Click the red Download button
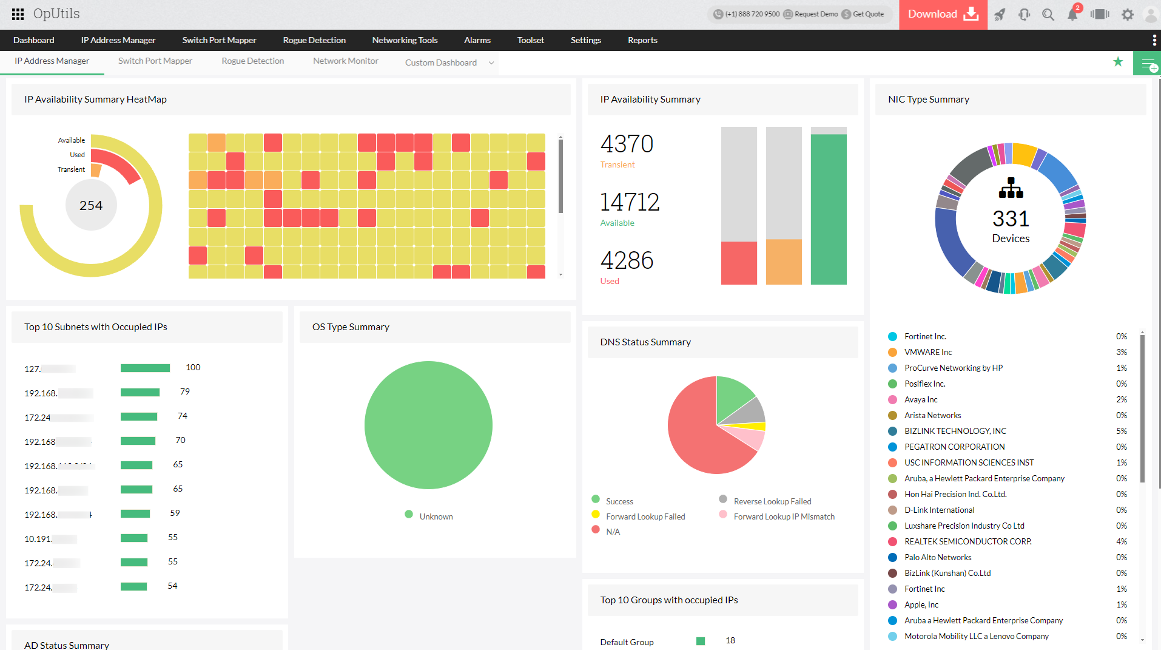point(943,15)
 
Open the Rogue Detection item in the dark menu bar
point(314,40)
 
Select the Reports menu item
point(642,40)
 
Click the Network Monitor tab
point(345,61)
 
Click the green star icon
point(1118,62)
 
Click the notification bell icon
point(1072,15)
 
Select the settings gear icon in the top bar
point(1127,15)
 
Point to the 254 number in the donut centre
point(91,205)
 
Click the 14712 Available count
point(630,202)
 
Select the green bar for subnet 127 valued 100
point(145,368)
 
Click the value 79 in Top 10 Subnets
point(185,391)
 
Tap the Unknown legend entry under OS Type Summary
point(436,516)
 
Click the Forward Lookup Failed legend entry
point(645,516)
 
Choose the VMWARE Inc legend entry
point(927,352)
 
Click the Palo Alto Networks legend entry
point(937,557)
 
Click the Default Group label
point(627,642)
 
